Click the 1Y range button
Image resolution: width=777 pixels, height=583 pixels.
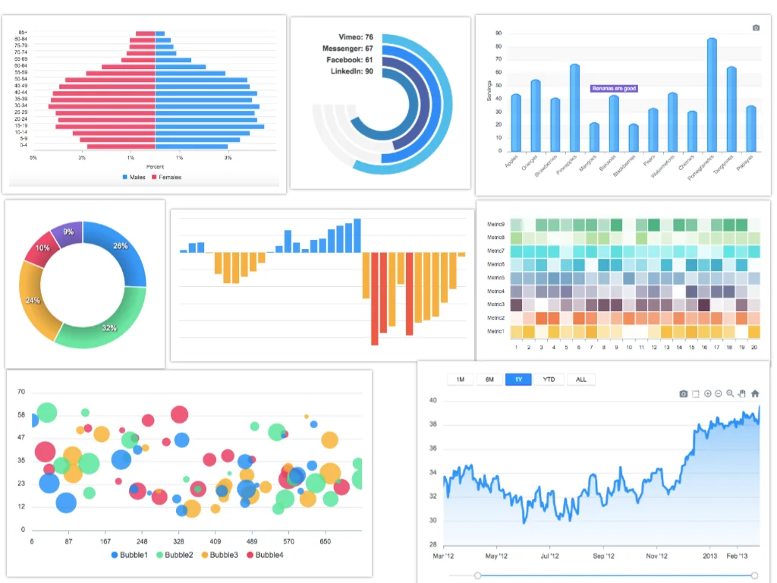tap(518, 380)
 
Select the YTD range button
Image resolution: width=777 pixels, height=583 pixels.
tap(549, 380)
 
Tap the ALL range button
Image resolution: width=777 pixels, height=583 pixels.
tap(580, 380)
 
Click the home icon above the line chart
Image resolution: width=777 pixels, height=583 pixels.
tap(755, 394)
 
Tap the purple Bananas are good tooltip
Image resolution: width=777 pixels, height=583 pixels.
tap(614, 89)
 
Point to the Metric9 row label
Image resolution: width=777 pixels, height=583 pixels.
tap(495, 225)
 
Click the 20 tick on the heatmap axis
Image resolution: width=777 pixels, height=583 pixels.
tap(753, 348)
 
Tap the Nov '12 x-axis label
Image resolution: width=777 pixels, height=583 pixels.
tap(657, 556)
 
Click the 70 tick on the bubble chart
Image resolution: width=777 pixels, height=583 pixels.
tap(21, 392)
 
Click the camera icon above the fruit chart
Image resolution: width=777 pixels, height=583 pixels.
tap(756, 28)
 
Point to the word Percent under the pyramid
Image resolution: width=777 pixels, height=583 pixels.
tap(155, 166)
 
